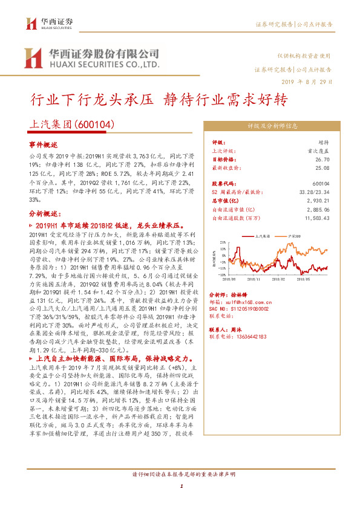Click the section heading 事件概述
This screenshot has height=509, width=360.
(43, 146)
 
